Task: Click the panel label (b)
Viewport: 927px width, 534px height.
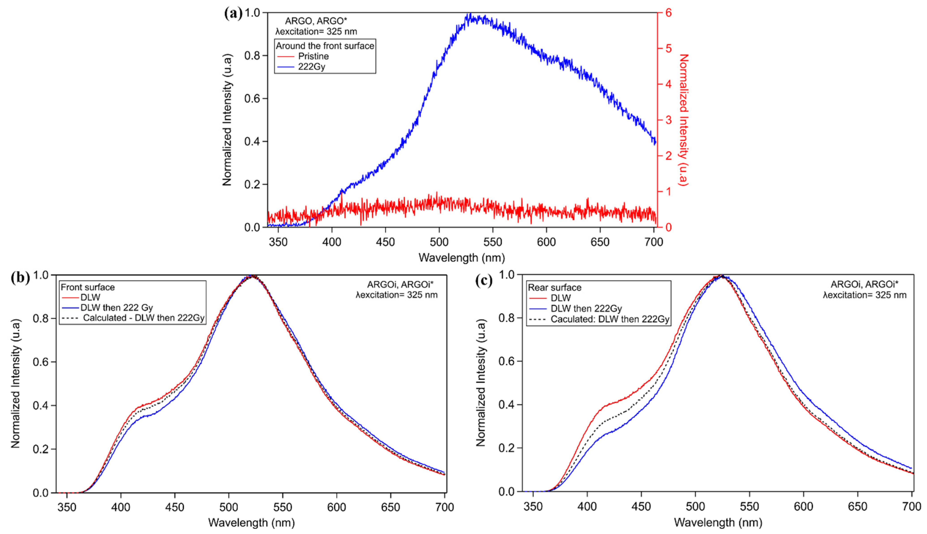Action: [x=21, y=278]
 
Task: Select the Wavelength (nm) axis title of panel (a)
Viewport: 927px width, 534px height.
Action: [x=461, y=258]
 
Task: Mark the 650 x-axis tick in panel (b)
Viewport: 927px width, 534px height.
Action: [x=390, y=507]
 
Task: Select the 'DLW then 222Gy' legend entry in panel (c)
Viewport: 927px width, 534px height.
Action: [x=586, y=308]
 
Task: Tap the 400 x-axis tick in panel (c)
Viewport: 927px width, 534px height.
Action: [x=587, y=506]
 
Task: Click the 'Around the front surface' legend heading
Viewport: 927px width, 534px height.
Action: [x=325, y=46]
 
